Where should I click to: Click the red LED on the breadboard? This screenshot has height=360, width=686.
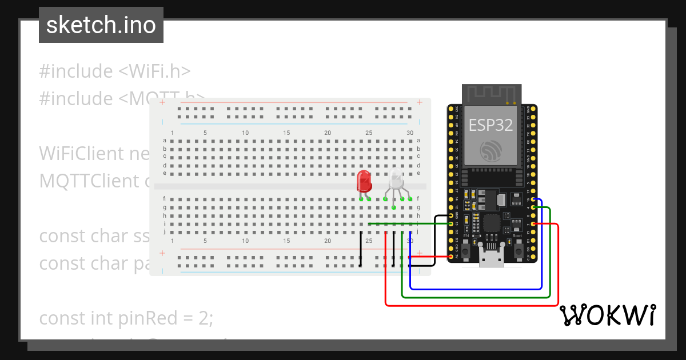click(364, 182)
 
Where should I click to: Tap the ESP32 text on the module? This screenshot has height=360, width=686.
click(490, 125)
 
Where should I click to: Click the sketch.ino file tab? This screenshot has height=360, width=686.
click(101, 25)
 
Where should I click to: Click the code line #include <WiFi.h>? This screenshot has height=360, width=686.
click(114, 71)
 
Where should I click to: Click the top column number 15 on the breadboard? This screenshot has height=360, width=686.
click(286, 133)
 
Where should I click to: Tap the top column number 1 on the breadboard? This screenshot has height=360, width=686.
click(172, 133)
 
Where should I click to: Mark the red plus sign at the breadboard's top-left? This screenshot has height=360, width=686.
click(162, 102)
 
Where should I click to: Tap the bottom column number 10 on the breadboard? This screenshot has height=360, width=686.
click(245, 241)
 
